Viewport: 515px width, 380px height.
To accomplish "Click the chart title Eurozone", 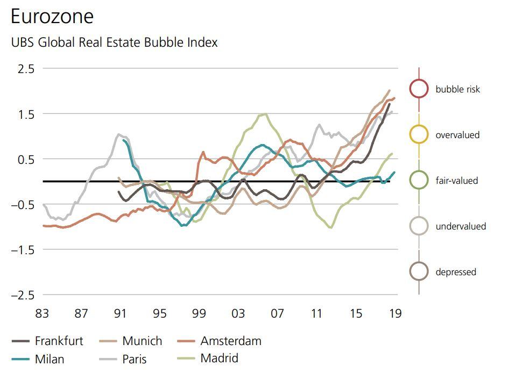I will click(x=52, y=17).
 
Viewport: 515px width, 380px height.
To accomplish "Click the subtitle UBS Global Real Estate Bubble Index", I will click(x=114, y=42).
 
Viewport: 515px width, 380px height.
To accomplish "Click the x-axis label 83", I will click(x=42, y=313).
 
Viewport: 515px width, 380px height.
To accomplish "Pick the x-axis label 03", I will click(x=238, y=313).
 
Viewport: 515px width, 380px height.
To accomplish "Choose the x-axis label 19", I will click(x=395, y=313).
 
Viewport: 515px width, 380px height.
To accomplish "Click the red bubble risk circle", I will click(x=419, y=89).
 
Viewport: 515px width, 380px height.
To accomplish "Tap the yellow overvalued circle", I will click(x=419, y=134).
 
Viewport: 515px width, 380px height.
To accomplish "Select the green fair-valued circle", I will click(x=419, y=180).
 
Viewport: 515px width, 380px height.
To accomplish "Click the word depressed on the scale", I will click(x=456, y=272).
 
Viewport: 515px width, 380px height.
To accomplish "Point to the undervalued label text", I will click(x=461, y=226).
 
